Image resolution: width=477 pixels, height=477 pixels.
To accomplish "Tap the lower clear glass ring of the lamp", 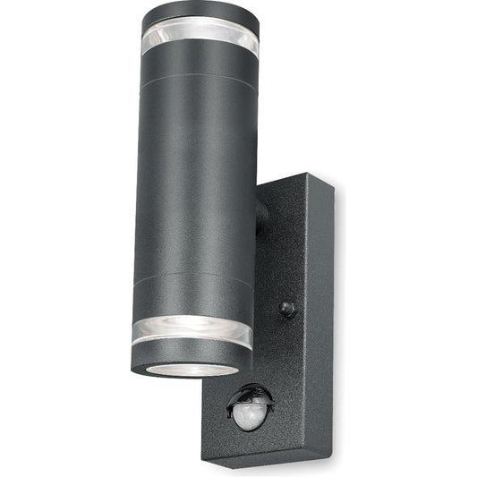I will click(192, 333).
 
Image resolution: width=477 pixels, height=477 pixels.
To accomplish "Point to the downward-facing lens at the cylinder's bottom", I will click(191, 367).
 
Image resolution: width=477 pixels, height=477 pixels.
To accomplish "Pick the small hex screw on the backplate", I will click(287, 309).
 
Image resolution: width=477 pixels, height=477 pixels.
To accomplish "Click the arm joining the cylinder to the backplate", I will click(261, 218).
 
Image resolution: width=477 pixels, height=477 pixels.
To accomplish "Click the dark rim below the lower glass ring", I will click(191, 356).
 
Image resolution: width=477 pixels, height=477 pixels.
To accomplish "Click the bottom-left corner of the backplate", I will click(203, 445).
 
